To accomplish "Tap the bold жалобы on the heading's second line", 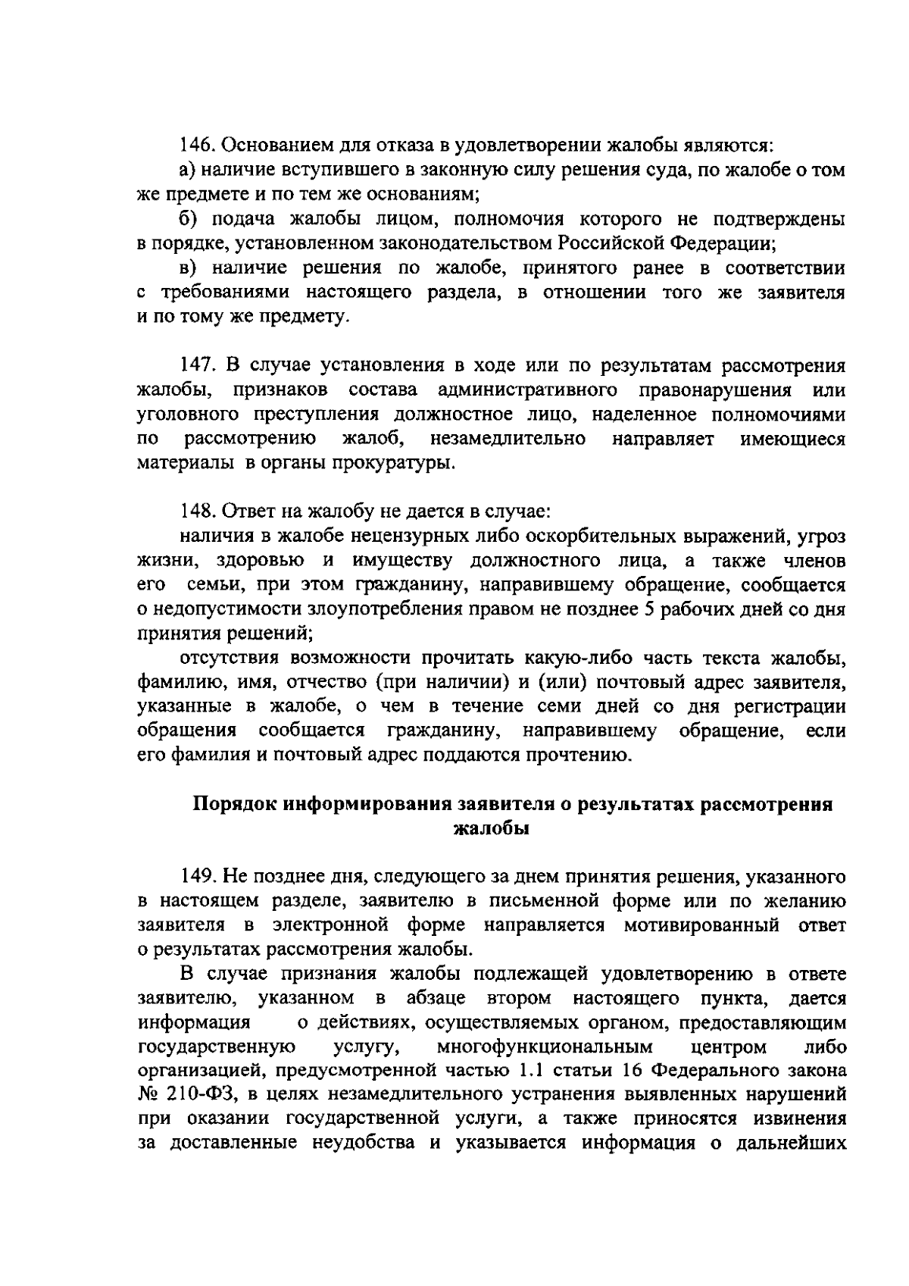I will (x=490, y=828).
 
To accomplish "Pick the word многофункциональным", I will (x=545, y=1047).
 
